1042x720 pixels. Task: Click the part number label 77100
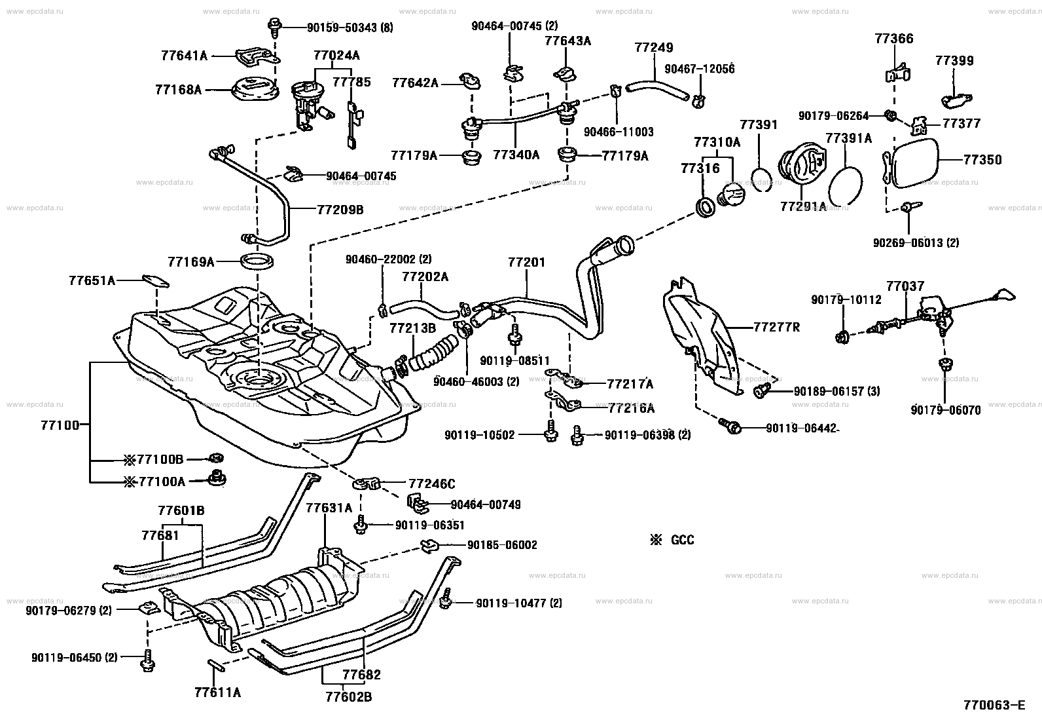point(63,425)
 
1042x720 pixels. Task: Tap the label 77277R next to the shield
point(776,326)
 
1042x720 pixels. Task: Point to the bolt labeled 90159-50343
point(274,27)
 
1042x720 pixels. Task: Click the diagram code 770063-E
point(994,705)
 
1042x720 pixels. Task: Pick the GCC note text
point(681,540)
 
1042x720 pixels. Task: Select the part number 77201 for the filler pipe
point(526,262)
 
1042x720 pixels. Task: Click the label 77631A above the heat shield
point(329,508)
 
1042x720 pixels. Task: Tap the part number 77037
point(905,286)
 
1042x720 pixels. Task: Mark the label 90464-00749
point(486,504)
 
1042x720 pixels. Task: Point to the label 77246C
point(431,484)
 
